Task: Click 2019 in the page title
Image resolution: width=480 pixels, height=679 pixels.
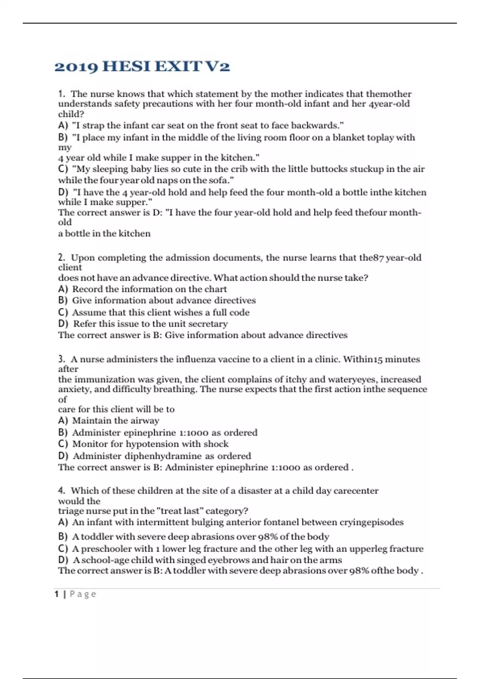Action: click(x=76, y=66)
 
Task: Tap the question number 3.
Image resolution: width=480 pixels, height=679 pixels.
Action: click(x=61, y=359)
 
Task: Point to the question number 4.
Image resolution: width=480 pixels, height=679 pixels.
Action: click(x=61, y=490)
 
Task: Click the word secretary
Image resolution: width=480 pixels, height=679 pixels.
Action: click(x=208, y=324)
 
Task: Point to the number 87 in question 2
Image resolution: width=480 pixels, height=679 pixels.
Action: click(x=378, y=258)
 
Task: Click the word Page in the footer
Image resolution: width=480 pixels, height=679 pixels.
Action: click(x=83, y=594)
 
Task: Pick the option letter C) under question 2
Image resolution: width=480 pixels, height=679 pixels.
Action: click(x=63, y=312)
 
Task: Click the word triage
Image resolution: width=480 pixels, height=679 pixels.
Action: click(x=70, y=511)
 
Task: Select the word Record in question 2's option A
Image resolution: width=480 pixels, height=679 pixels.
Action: click(x=87, y=289)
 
